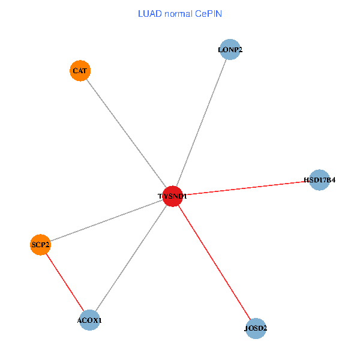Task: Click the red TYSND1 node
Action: [x=173, y=196]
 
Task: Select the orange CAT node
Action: [x=80, y=71]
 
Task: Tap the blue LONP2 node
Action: [x=230, y=50]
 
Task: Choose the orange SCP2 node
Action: [x=40, y=245]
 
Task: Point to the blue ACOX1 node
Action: [x=89, y=320]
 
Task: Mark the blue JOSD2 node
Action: [x=256, y=328]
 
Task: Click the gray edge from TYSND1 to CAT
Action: [x=126, y=133]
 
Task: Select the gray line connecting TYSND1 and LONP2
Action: [x=202, y=123]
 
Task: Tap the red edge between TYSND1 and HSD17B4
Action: [x=246, y=188]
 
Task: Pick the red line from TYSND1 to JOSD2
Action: [x=214, y=262]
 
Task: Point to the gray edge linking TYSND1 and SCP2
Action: [x=106, y=220]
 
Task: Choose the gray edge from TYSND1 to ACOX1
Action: [x=131, y=258]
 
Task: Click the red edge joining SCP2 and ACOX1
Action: [x=65, y=283]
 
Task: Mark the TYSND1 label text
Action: [x=173, y=196]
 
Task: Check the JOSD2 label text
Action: [x=256, y=329]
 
